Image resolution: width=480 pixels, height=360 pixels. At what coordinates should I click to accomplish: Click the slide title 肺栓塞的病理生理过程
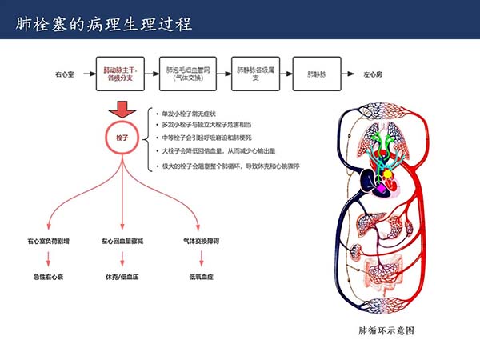[x=105, y=22]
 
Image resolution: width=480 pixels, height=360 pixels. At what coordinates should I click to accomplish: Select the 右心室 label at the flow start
[x=65, y=74]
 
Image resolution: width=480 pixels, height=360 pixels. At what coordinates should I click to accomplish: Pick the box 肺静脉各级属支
[x=256, y=74]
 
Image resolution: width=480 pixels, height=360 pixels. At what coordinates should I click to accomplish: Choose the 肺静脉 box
[x=317, y=74]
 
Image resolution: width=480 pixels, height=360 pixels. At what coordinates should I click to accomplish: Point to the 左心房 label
[x=372, y=74]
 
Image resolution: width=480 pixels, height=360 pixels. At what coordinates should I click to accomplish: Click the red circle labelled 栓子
[x=122, y=138]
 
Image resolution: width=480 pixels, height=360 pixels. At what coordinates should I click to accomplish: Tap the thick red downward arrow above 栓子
[x=122, y=109]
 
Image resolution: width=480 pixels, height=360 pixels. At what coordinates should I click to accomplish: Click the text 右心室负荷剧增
[x=49, y=240]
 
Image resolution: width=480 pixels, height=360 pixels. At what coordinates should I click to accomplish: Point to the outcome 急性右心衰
[x=49, y=276]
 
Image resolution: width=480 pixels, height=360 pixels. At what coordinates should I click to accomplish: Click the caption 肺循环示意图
[x=386, y=330]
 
